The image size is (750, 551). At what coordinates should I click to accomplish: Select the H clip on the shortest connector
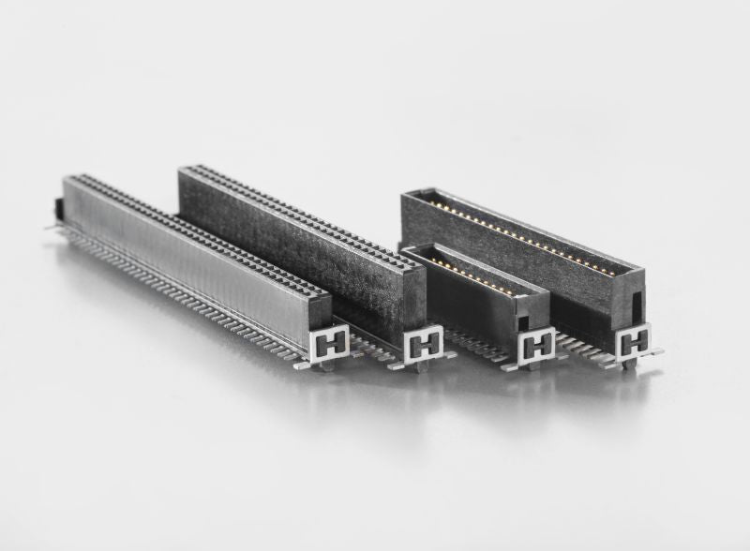pos(537,346)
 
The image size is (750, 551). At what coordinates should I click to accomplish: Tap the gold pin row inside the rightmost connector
pos(525,234)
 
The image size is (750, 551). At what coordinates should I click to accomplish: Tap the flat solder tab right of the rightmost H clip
pos(655,352)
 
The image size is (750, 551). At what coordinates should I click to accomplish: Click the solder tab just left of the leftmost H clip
pos(303,365)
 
